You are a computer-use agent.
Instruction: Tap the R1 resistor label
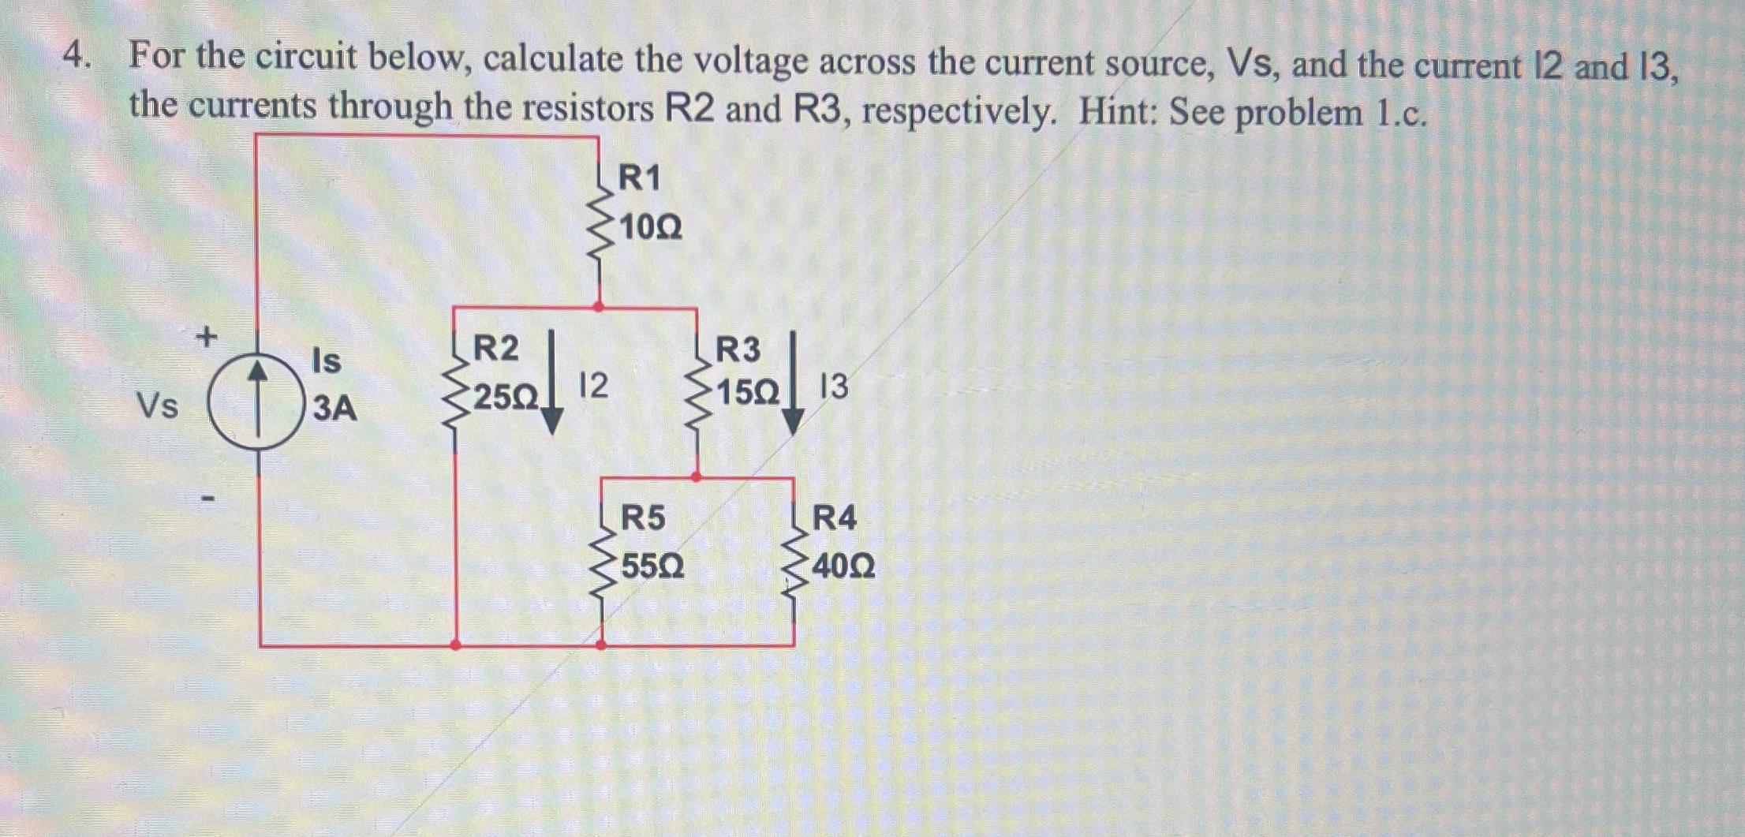[x=639, y=178]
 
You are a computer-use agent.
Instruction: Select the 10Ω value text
[x=651, y=229]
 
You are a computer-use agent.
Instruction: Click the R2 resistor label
[x=495, y=348]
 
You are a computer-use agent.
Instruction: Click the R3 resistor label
[x=738, y=349]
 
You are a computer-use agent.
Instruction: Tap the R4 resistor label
[x=834, y=518]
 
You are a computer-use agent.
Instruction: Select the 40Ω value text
[x=843, y=567]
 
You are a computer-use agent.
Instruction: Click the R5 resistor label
[x=643, y=518]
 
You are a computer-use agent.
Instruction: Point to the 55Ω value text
[x=652, y=567]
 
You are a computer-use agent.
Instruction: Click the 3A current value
[x=334, y=409]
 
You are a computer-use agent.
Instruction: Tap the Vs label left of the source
[x=158, y=406]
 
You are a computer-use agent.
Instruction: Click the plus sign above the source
[x=206, y=338]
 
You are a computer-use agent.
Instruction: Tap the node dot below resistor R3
[x=696, y=476]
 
